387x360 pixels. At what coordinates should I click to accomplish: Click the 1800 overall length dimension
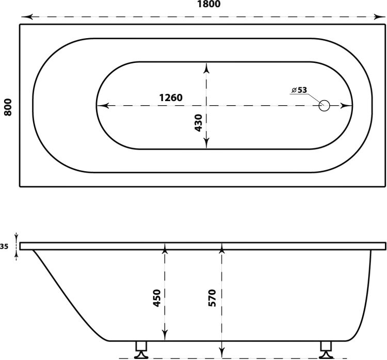tap(208, 4)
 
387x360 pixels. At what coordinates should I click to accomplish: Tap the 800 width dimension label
tap(8, 107)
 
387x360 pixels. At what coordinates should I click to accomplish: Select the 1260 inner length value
tap(171, 97)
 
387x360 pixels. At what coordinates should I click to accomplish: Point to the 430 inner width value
tap(199, 123)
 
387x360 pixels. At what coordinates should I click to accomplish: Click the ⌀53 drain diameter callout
tap(299, 90)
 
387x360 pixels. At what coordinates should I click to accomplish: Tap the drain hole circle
tap(325, 106)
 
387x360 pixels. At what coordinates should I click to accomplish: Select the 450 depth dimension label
tap(157, 298)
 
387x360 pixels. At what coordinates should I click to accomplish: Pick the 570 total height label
tap(212, 298)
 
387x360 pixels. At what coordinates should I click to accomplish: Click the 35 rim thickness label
tap(4, 246)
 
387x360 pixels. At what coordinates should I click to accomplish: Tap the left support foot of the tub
tap(141, 350)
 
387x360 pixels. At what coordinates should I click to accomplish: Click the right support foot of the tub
tap(326, 350)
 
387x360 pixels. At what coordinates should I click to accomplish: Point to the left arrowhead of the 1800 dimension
tap(27, 17)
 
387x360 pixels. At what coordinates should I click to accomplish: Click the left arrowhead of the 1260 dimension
tap(103, 106)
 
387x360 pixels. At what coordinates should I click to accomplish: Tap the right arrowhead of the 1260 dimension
tap(346, 106)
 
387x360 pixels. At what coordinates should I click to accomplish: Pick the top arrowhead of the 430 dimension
tap(206, 69)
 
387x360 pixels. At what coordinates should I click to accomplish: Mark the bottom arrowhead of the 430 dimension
tap(206, 143)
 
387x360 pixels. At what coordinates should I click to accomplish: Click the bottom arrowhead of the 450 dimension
tap(165, 335)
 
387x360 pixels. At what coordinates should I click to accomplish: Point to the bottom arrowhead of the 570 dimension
tap(222, 352)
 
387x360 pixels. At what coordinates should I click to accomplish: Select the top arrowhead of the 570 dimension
tap(222, 249)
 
